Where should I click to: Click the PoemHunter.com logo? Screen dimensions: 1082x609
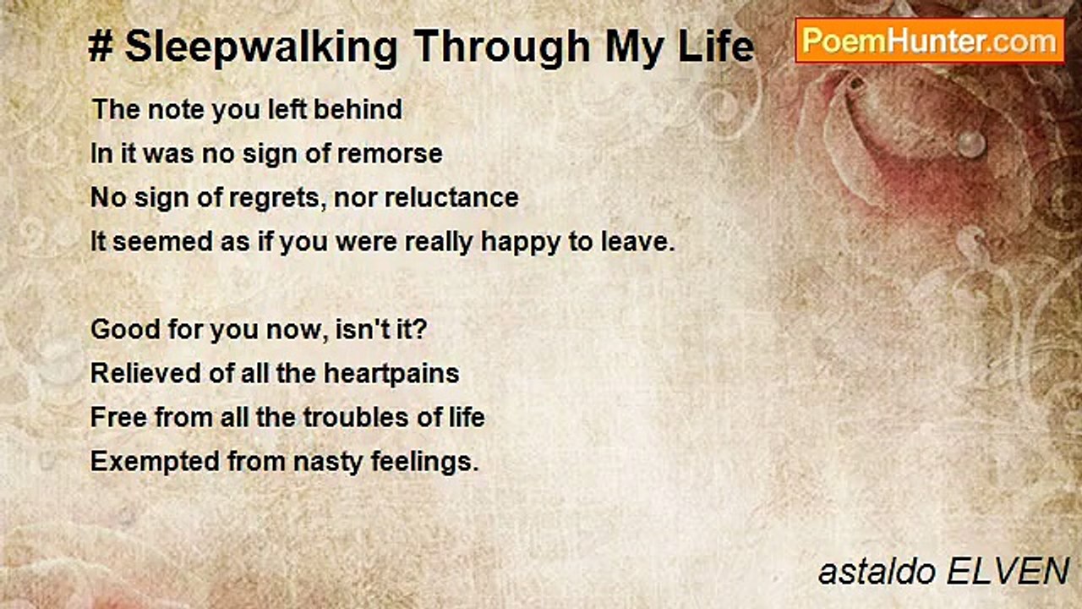click(x=930, y=41)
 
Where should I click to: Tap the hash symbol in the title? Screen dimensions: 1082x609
click(x=101, y=47)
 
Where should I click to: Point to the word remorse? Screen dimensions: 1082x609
click(x=390, y=154)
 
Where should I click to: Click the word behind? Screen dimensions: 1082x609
click(x=358, y=109)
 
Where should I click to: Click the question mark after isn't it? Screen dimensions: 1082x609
click(x=420, y=329)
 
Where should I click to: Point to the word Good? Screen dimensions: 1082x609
click(x=125, y=329)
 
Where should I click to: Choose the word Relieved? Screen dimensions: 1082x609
click(x=145, y=373)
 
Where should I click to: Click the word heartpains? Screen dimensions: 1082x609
click(x=391, y=375)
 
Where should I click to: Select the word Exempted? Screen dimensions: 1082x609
click(x=155, y=462)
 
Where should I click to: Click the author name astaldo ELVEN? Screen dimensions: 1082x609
click(x=943, y=573)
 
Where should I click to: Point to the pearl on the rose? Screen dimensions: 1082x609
click(x=971, y=144)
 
